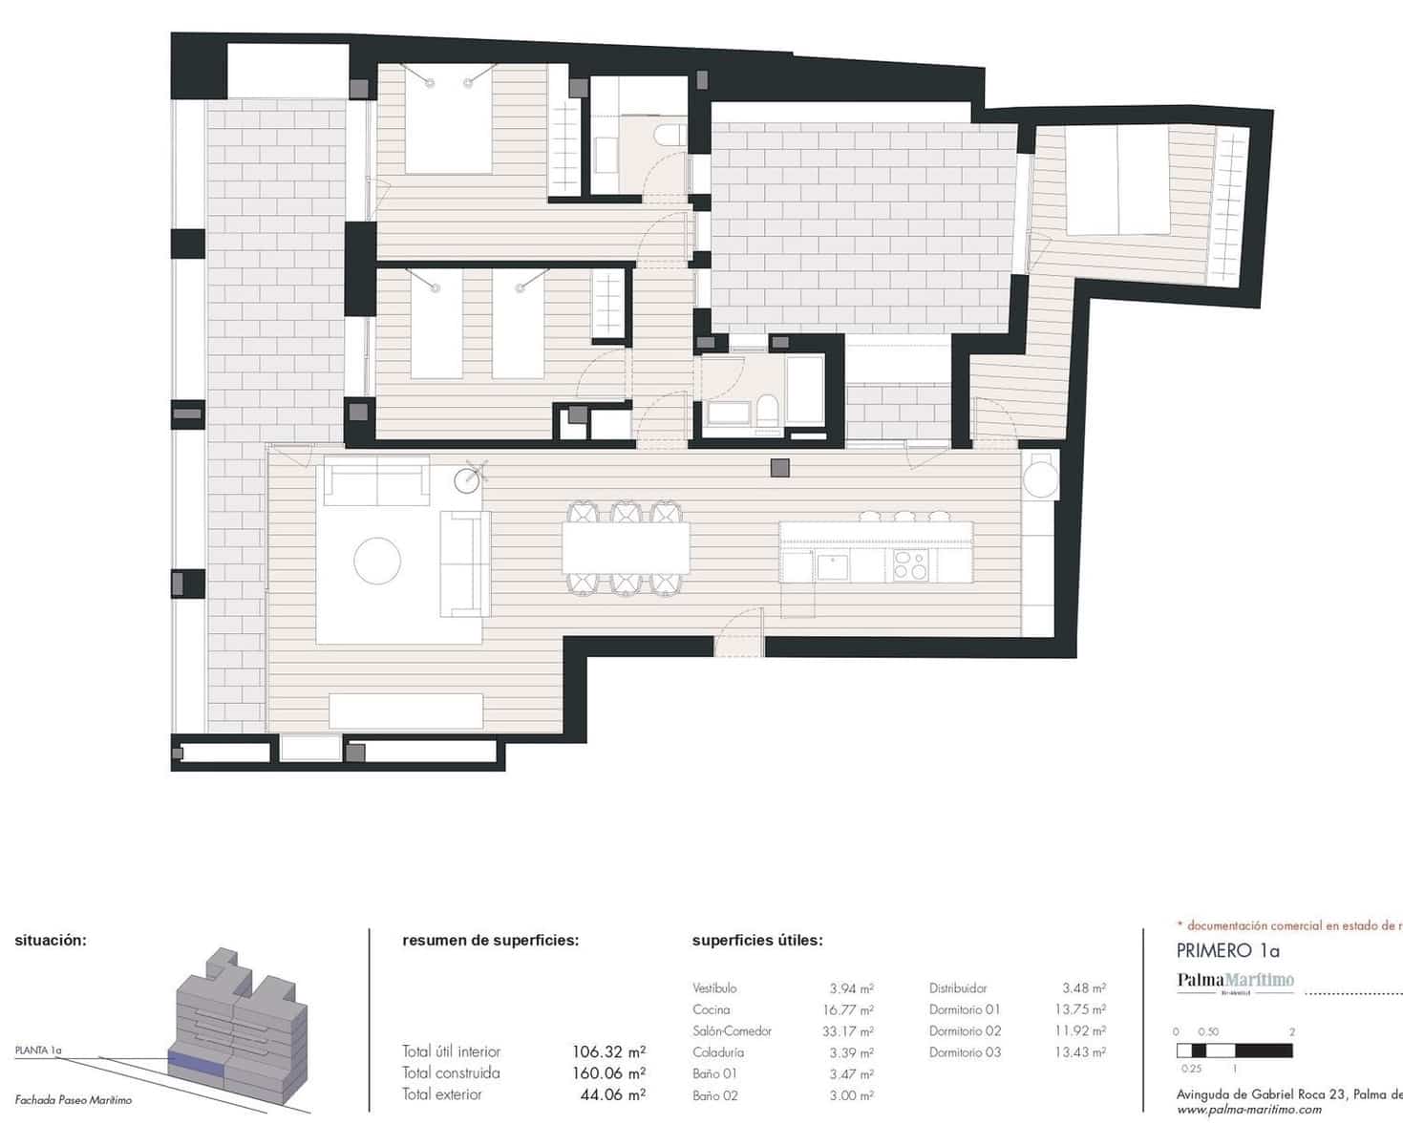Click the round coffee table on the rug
coord(377,561)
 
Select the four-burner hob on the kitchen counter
coord(910,566)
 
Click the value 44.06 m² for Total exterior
coord(612,1094)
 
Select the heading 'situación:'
coord(51,940)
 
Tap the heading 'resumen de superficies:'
coord(490,940)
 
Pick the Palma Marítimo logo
coord(1235,981)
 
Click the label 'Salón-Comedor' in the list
coord(732,1030)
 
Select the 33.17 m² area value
coord(851,1031)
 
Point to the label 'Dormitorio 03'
coord(965,1052)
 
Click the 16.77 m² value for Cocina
coord(851,1009)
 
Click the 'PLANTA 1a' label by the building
coord(38,1050)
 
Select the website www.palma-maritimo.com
coord(1248,1110)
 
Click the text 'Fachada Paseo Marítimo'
coord(74,1100)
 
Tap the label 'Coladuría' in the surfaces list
coord(718,1052)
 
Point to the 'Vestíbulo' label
coord(714,988)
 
